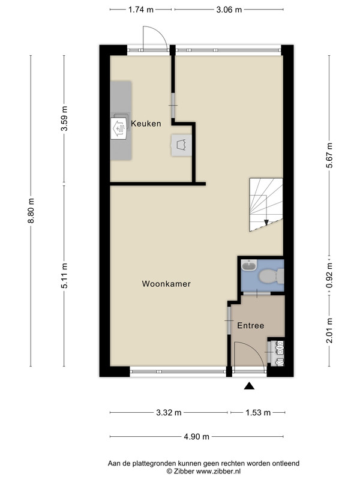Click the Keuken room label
[x=146, y=124]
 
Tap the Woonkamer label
[x=166, y=284]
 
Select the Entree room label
[x=250, y=325]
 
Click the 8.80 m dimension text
[x=31, y=211]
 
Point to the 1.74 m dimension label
[x=141, y=10]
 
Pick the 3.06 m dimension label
[x=229, y=10]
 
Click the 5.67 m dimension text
[x=329, y=155]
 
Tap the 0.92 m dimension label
[x=329, y=275]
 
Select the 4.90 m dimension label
[x=197, y=437]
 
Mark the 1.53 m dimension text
[x=258, y=413]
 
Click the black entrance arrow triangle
[x=249, y=386]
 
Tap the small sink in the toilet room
[x=248, y=265]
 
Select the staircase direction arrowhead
[x=266, y=222]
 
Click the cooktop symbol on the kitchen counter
[x=119, y=128]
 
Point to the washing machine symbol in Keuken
[x=182, y=145]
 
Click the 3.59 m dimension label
[x=64, y=118]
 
